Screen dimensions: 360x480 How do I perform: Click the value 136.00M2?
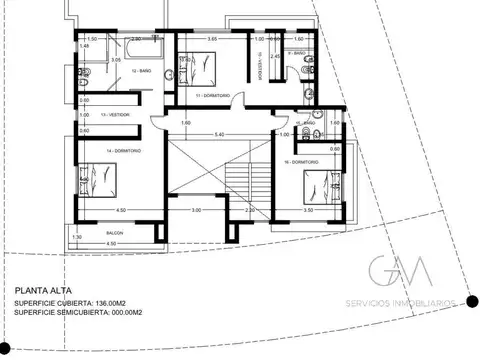[x=117, y=304]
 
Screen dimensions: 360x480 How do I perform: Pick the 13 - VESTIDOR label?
[x=124, y=113]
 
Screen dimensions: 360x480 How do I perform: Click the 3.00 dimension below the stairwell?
[x=197, y=210]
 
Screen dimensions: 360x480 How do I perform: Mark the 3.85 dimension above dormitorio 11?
[x=212, y=38]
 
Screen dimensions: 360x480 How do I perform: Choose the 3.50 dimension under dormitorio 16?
[x=308, y=211]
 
